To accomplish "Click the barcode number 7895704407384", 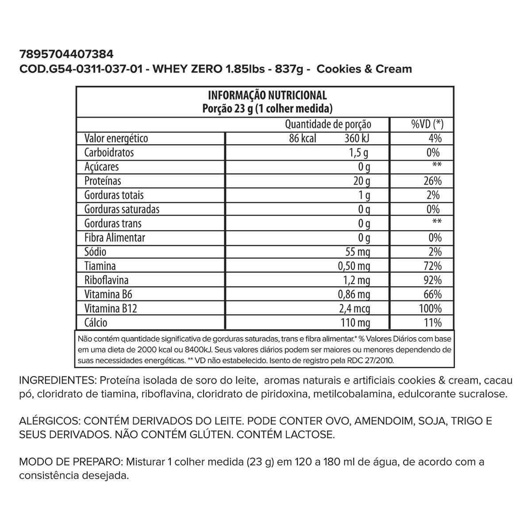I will coord(67,55).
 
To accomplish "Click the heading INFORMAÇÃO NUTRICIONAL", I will coord(267,95).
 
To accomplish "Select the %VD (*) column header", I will coord(427,124).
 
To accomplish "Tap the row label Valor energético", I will coord(116,139).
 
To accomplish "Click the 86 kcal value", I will coord(303,139).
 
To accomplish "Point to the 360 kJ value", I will coord(357,139).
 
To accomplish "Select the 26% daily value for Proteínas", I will coord(432,181).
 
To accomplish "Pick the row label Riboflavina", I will coord(107,280).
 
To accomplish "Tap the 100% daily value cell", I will coord(430,308).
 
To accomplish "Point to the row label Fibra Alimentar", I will coord(115,238).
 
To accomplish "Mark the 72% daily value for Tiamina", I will coord(432,266).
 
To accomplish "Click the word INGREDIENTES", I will coord(56,381).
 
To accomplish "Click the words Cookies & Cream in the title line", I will coord(365,69).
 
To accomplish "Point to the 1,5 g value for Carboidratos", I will coord(358,153).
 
